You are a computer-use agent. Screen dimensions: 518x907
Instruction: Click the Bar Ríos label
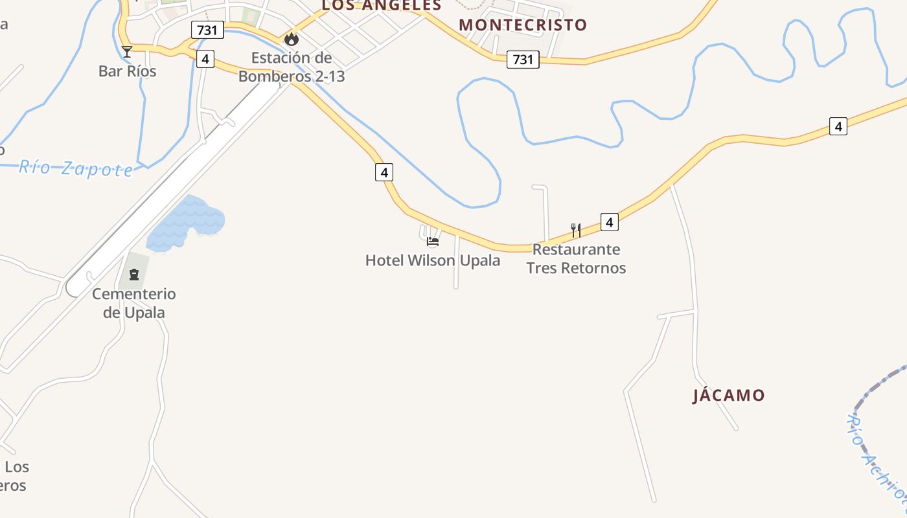pos(127,71)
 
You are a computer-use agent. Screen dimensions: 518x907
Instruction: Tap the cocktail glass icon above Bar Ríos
pos(127,52)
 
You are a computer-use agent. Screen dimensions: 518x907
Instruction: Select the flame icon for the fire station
pos(292,39)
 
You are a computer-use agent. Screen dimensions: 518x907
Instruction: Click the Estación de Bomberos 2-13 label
pos(292,67)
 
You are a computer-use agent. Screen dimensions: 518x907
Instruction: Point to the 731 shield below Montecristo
pos(522,60)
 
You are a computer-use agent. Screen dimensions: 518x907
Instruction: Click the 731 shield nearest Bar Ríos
pos(207,29)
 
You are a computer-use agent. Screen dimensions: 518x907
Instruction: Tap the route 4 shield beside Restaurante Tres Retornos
pos(609,222)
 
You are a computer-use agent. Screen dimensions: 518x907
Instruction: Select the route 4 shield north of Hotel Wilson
pos(384,172)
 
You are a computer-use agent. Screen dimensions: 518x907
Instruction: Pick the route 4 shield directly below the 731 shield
pos(205,59)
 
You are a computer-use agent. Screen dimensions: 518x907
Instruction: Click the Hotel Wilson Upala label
pos(433,261)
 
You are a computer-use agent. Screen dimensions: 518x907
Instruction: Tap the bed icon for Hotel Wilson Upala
pos(433,242)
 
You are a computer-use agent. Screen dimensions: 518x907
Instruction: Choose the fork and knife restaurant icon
pos(575,230)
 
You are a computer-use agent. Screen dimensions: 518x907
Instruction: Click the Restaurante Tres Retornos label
pos(576,258)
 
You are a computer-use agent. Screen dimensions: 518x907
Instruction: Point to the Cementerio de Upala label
pos(134,303)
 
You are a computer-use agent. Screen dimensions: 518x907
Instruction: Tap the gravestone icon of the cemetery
pos(134,275)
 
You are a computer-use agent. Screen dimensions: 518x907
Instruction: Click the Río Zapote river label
pos(76,168)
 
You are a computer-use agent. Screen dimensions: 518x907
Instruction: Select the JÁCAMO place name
pos(729,396)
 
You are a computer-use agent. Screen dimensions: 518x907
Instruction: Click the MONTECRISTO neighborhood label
pos(523,25)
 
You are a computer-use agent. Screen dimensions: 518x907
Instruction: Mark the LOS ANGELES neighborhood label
pos(382,6)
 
